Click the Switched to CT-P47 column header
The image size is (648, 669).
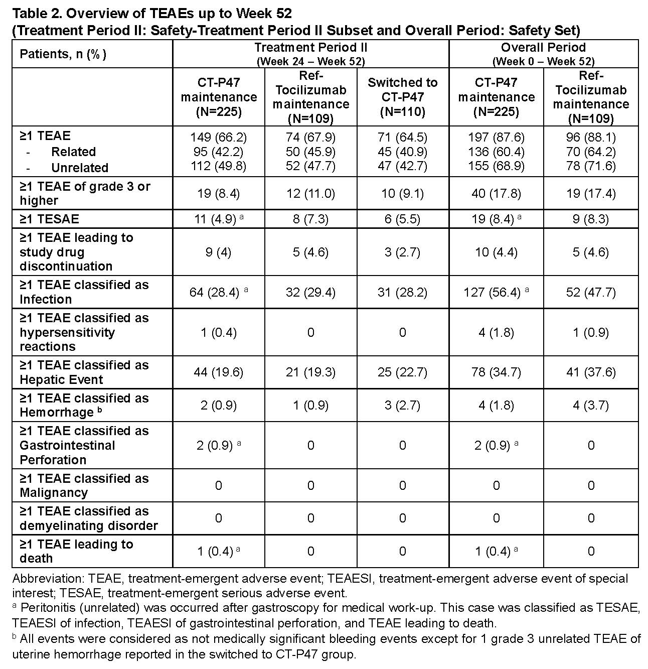402,97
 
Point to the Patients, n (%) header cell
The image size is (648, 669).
63,54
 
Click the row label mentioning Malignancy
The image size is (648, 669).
84,485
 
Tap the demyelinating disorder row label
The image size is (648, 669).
88,518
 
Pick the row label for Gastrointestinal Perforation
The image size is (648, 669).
68,445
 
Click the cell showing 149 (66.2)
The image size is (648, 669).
218,137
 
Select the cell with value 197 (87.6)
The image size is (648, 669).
496,137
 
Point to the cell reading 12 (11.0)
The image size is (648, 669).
310,194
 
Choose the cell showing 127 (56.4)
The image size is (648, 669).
492,292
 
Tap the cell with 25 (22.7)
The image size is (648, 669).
402,372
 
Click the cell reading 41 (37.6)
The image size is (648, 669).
591,372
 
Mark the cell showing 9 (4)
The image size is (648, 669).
218,252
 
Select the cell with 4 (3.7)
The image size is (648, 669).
591,405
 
